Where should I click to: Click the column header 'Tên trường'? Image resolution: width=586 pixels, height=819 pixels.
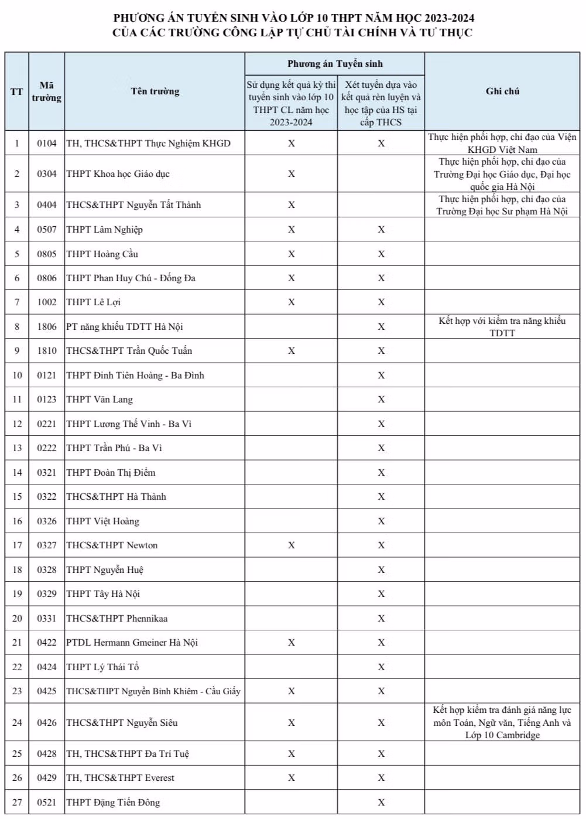pos(155,91)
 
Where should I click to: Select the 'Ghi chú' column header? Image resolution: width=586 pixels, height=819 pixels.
pos(502,91)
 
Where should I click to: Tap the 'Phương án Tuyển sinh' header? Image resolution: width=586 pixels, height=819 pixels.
pos(335,63)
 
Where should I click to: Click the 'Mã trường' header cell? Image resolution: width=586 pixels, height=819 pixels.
pos(47,91)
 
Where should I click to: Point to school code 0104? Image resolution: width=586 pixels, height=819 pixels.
pos(47,143)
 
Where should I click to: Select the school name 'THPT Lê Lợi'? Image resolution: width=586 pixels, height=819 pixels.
pos(94,302)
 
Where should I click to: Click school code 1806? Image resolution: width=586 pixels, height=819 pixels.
pos(47,327)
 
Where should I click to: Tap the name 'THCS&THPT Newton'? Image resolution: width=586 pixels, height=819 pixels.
pos(112,545)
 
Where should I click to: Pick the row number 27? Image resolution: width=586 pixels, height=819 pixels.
pos(17,802)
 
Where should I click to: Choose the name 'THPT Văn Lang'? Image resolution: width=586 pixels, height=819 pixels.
pos(100,400)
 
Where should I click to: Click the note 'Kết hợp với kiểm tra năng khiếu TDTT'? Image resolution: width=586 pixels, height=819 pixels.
pos(502,327)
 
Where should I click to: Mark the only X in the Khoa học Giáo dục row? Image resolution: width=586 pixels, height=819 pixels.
pos(292,174)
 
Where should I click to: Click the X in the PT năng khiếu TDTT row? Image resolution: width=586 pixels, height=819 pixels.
pos(381,327)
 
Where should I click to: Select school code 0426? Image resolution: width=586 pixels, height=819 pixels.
pos(47,722)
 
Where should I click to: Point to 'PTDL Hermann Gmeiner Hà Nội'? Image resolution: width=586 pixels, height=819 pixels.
pos(132,643)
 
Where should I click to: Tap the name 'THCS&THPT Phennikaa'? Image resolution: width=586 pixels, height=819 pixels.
pos(116,619)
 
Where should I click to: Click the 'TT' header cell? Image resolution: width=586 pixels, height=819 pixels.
pos(17,91)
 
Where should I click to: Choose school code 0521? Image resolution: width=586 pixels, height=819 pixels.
pos(47,802)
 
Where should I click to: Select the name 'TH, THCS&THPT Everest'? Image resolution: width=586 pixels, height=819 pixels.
pos(120,778)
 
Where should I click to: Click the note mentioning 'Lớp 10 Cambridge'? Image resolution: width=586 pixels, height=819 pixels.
pos(502,722)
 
